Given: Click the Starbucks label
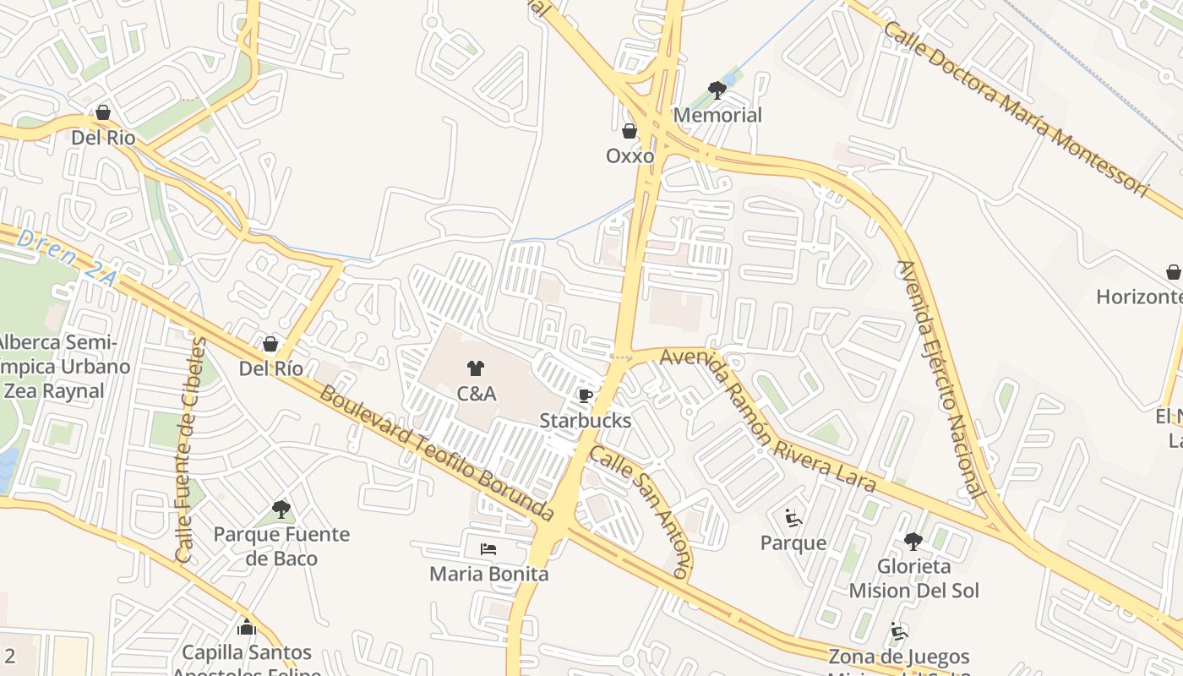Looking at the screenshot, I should pos(585,420).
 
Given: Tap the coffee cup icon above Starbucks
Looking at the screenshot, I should pos(585,395).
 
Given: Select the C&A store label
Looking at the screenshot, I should pos(477,394).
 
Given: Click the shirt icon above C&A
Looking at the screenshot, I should pos(476,368).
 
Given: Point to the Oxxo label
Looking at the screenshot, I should pos(630,156).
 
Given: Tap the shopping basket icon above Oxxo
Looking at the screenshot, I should pos(630,131).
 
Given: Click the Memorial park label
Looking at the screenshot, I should pos(717,115).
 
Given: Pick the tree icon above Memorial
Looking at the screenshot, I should pos(717,90).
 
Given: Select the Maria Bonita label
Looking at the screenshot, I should pos(488,574).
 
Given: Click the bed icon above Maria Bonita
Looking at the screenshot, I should pos(488,549).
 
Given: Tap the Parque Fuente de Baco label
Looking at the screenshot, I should pos(281,546).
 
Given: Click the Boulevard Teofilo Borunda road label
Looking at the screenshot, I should pos(436,454).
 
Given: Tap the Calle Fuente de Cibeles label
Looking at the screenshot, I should pos(191,450).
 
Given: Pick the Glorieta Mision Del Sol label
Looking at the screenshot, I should pos(913,578).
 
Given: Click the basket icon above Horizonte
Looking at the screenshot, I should pos(1173,272).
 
